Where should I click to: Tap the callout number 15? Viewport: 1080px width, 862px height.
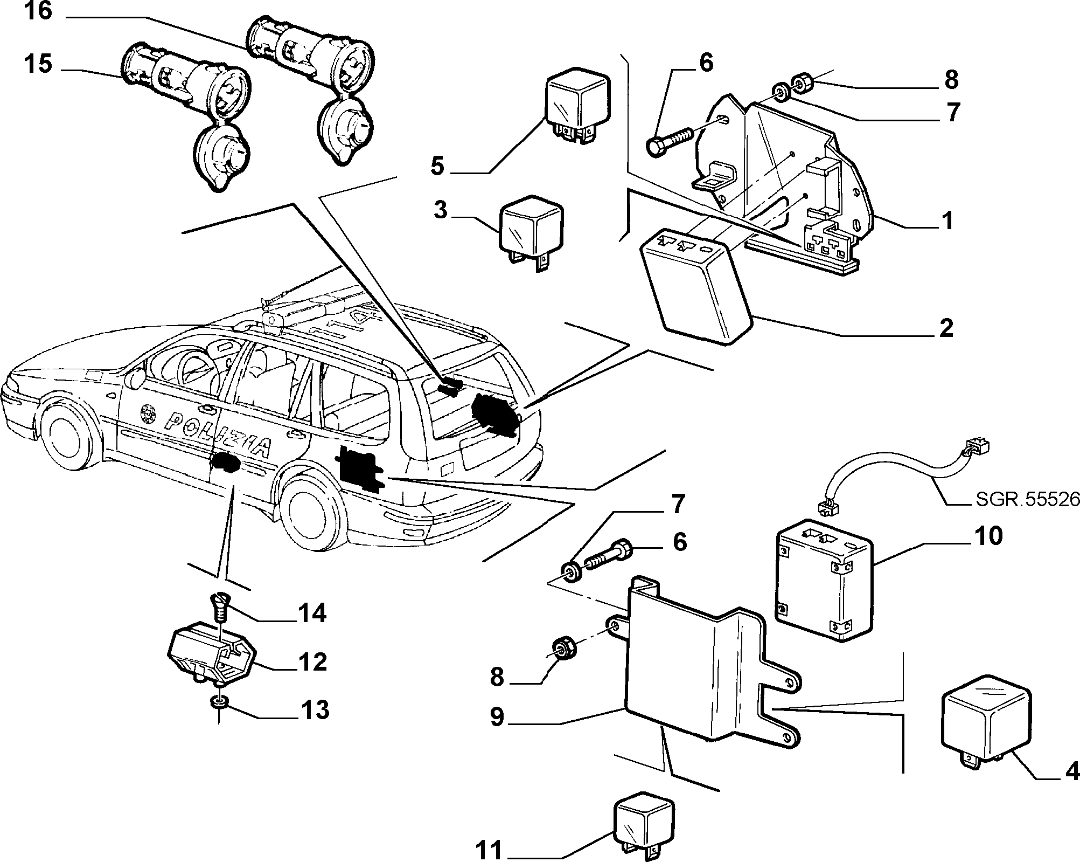click(38, 64)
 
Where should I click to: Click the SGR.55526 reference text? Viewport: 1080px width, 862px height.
click(1028, 500)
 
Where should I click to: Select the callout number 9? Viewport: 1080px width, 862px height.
click(497, 717)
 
